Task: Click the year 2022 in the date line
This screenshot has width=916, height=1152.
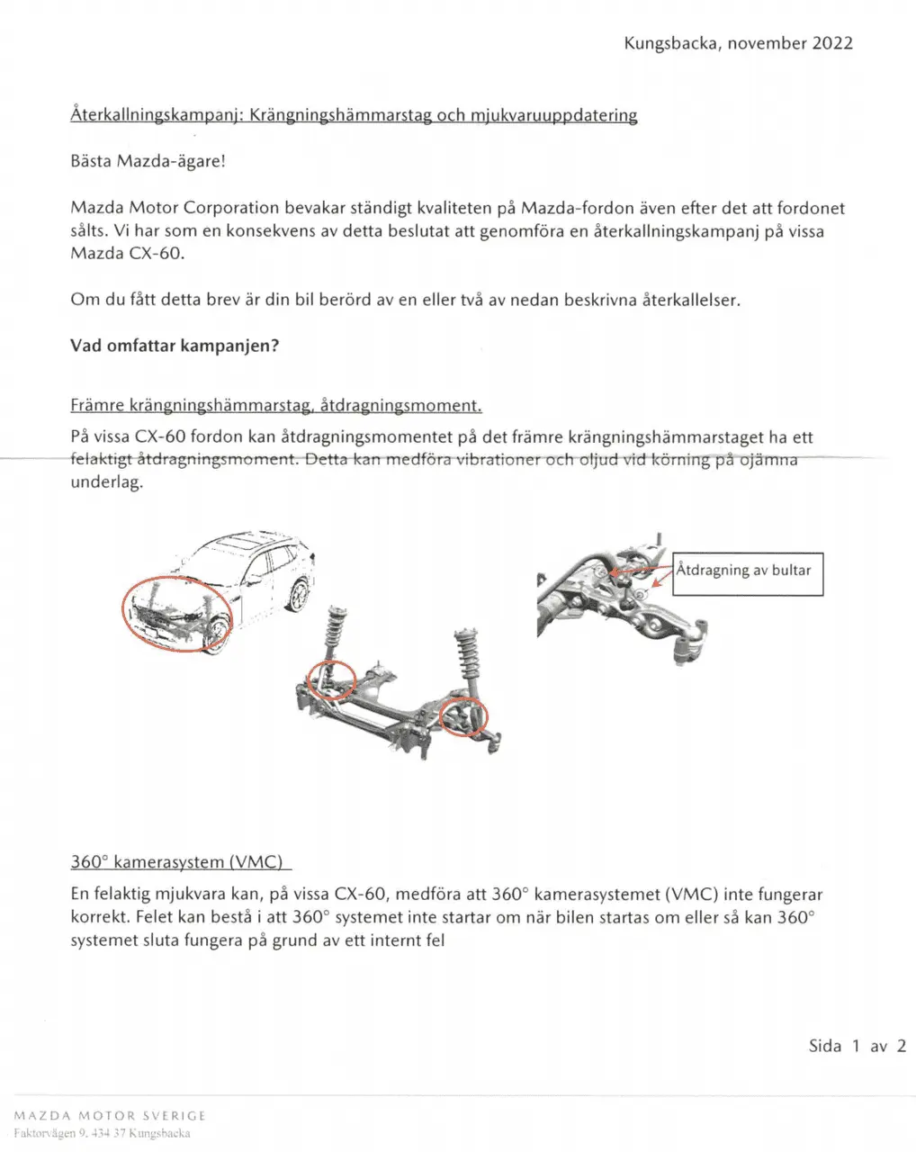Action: pos(832,43)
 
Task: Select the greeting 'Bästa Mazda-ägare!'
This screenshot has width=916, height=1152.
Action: pos(148,162)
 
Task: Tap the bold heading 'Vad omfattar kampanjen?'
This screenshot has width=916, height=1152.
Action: pos(175,346)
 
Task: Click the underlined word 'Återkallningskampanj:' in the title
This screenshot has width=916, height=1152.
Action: pos(157,115)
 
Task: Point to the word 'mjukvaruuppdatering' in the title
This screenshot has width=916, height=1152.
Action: pos(554,115)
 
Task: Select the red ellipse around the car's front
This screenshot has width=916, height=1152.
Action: pos(176,615)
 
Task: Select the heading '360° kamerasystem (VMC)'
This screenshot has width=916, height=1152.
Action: pos(177,862)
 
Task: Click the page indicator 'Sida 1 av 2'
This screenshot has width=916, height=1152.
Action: pos(857,1046)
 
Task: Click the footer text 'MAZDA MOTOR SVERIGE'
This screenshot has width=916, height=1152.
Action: pos(110,1116)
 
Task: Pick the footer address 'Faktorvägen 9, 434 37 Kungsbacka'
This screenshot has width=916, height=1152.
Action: pos(102,1134)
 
